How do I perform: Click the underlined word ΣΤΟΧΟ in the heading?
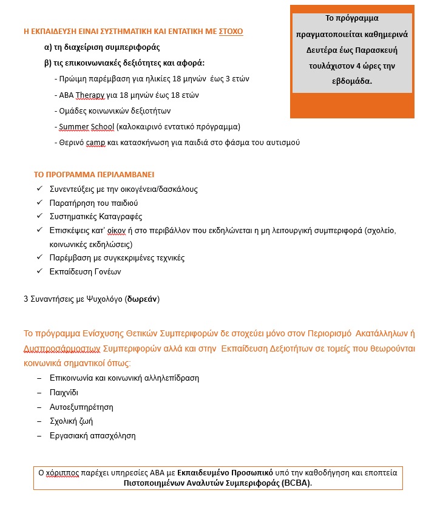pos(231,31)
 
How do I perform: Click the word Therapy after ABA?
pos(89,95)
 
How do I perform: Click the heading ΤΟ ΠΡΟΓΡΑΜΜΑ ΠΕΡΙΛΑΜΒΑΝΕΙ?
pos(94,174)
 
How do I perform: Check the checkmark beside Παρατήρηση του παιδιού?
pos(39,203)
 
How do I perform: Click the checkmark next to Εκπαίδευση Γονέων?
pos(39,271)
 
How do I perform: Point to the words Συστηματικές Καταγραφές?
pos(96,217)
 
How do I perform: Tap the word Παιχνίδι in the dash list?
pos(64,392)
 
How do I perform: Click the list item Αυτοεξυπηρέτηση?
pos(81,407)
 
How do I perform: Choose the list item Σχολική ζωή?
pos(71,421)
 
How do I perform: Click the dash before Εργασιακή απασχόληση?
pos(39,435)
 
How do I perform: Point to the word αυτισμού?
pos(283,142)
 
